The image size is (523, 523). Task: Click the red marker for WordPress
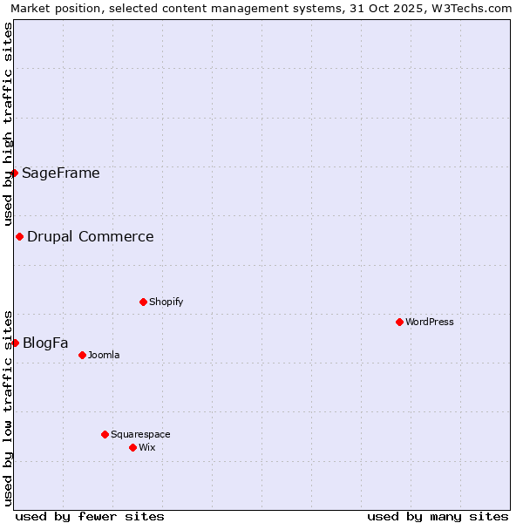coord(399,322)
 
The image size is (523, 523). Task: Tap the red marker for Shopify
coord(143,302)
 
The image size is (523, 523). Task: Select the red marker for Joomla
coord(82,355)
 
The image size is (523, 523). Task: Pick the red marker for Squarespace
coord(105,434)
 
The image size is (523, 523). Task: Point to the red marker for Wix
coord(132,447)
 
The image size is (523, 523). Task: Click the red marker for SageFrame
coord(15,173)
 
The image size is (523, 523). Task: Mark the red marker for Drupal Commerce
coord(19,236)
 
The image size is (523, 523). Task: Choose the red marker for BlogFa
coord(15,343)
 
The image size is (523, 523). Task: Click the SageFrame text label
coord(61,173)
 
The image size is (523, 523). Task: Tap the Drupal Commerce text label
coord(91,236)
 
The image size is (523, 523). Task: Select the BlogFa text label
coord(45,343)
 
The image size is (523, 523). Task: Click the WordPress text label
coord(430,322)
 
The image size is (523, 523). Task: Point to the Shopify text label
coord(166,302)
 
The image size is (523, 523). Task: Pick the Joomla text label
coord(104,355)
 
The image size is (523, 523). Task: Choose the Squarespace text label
coord(140,434)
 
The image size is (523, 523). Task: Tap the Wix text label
coord(147,447)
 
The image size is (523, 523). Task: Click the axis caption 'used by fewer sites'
coord(90,516)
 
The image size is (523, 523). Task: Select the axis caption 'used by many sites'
coord(438,516)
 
